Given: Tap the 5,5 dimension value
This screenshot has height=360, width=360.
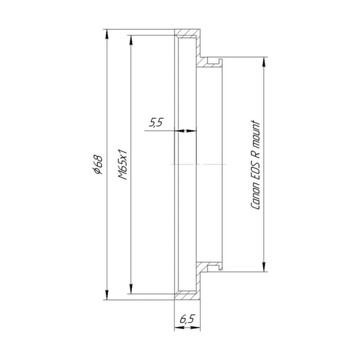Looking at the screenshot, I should (156, 123).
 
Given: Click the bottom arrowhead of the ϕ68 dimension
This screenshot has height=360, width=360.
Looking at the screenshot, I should (106, 296).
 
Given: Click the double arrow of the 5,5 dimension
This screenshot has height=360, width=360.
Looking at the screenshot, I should (186, 130).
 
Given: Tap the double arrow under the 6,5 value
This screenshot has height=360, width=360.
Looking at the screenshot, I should (187, 329).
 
